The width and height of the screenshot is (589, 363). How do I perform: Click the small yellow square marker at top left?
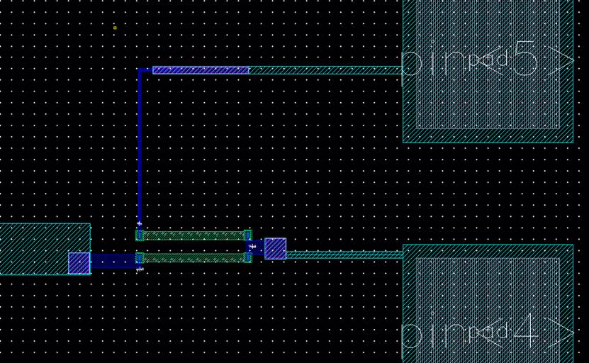pyautogui.click(x=115, y=28)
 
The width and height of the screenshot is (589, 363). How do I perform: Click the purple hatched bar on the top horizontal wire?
pyautogui.click(x=201, y=70)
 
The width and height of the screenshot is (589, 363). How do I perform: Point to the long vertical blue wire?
pyautogui.click(x=140, y=149)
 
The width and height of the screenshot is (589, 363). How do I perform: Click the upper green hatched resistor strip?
pyautogui.click(x=193, y=235)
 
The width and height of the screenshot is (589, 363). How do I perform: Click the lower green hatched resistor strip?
pyautogui.click(x=193, y=258)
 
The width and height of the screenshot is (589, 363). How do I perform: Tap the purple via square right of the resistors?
pyautogui.click(x=275, y=249)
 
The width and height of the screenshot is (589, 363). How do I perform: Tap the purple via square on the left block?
pyautogui.click(x=79, y=263)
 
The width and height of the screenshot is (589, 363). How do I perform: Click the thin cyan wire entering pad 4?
pyautogui.click(x=344, y=254)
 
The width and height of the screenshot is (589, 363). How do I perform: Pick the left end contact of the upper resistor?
pyautogui.click(x=140, y=235)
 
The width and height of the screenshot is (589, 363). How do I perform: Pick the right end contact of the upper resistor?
pyautogui.click(x=248, y=235)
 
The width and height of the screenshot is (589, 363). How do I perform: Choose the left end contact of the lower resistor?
pyautogui.click(x=140, y=258)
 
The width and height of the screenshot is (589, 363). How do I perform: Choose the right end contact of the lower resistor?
pyautogui.click(x=248, y=258)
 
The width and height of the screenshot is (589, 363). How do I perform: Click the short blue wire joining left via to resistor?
pyautogui.click(x=113, y=262)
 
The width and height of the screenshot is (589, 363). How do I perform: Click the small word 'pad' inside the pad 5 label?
pyautogui.click(x=488, y=60)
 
